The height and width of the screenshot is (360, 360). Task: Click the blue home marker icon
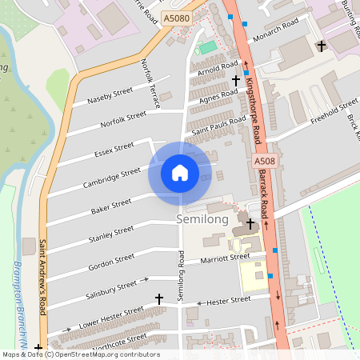pyautogui.click(x=180, y=172)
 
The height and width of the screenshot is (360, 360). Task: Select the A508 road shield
pyautogui.click(x=266, y=162)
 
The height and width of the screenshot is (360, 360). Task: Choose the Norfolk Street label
pyautogui.click(x=123, y=120)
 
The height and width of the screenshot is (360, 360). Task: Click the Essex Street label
pyautogui.click(x=114, y=150)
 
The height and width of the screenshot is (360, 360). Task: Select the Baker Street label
pyautogui.click(x=111, y=206)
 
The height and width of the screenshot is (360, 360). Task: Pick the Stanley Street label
pyautogui.click(x=111, y=234)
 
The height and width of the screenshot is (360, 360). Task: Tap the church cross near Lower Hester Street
pyautogui.click(x=158, y=298)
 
